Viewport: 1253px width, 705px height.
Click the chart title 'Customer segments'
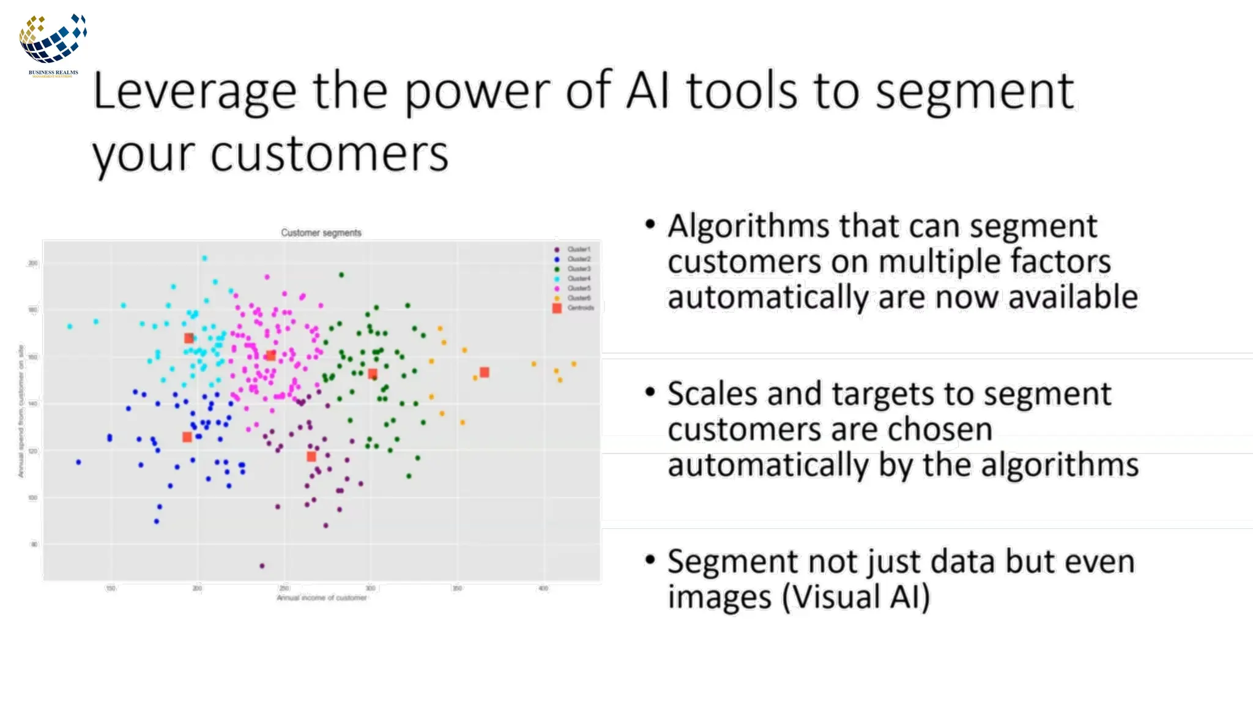(x=321, y=233)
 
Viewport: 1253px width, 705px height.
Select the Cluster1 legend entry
(x=578, y=249)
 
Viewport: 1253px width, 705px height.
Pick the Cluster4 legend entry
(x=578, y=278)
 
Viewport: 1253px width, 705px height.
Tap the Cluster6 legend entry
(x=578, y=298)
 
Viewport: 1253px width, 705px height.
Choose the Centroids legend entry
(x=580, y=308)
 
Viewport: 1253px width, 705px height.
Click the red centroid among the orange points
(x=485, y=372)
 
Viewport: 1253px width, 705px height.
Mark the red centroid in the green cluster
(x=373, y=374)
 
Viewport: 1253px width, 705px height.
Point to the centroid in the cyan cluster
(x=189, y=338)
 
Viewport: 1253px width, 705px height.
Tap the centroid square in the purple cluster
(x=311, y=457)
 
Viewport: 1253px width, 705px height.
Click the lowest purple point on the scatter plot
(x=262, y=566)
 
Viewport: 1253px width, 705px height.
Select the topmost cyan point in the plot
(x=204, y=258)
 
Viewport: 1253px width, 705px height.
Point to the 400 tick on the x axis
(x=543, y=588)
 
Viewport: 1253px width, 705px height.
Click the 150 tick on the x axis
(x=111, y=588)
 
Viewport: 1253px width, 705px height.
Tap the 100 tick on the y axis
(x=33, y=498)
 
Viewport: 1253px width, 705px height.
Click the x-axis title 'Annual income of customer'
(x=322, y=598)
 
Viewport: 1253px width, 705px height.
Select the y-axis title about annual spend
(x=21, y=411)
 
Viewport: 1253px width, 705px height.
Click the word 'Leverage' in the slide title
(x=195, y=91)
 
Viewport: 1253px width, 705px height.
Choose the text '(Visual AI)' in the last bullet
(x=856, y=597)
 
